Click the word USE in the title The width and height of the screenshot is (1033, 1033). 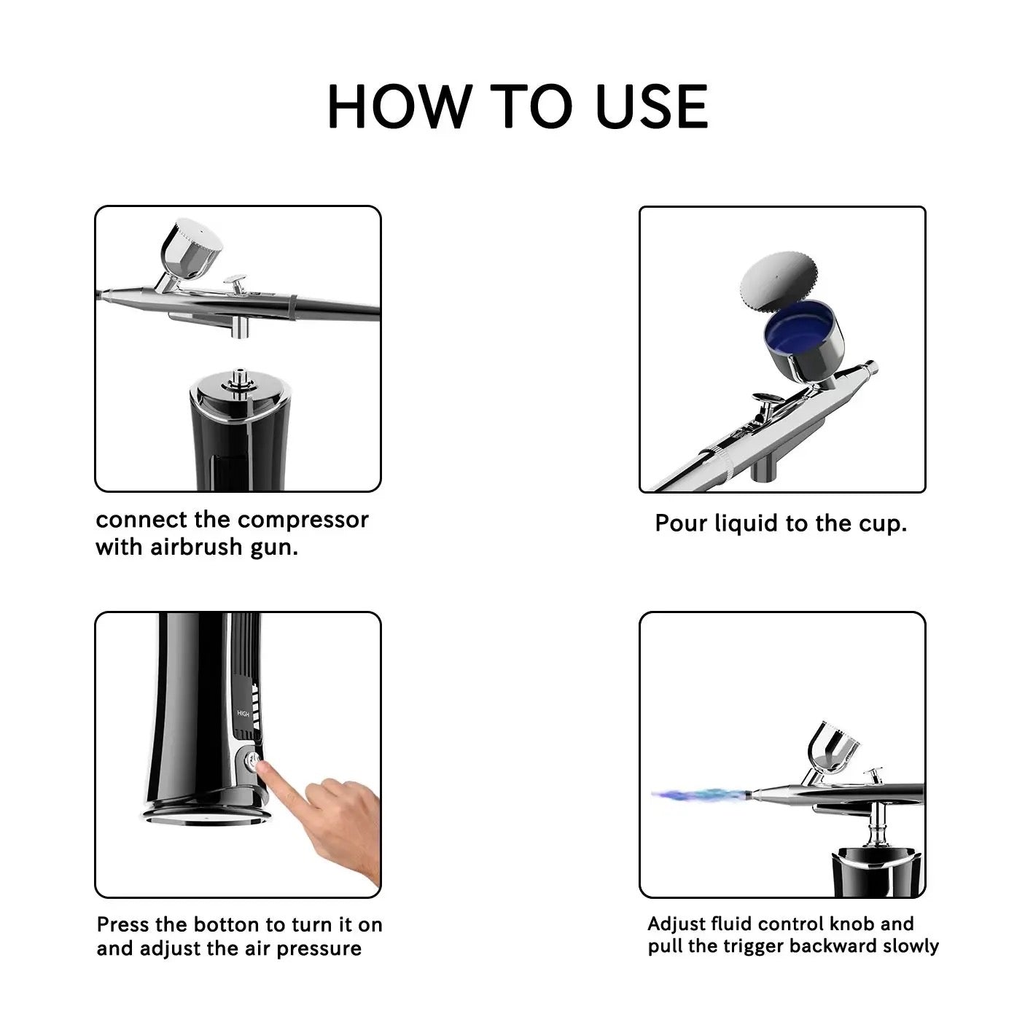(x=651, y=106)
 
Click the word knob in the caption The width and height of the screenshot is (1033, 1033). (x=851, y=924)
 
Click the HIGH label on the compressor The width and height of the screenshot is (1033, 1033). (x=243, y=714)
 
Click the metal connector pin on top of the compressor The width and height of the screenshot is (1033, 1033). (x=238, y=378)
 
